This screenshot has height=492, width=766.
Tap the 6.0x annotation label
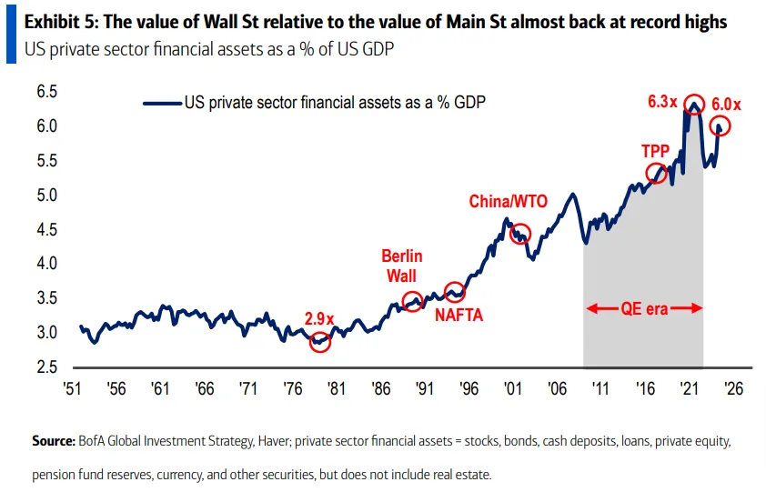[x=727, y=105]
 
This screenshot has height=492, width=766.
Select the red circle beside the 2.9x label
[x=319, y=342]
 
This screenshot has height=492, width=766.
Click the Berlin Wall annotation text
[x=402, y=266]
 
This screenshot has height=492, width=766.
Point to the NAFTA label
[x=458, y=316]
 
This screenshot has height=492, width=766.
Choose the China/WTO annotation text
[x=509, y=201]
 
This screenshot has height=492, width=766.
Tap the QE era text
[x=644, y=308]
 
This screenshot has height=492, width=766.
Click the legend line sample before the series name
[x=161, y=103]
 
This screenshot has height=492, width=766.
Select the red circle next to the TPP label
[x=656, y=173]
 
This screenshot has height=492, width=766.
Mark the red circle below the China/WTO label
[x=519, y=233]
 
